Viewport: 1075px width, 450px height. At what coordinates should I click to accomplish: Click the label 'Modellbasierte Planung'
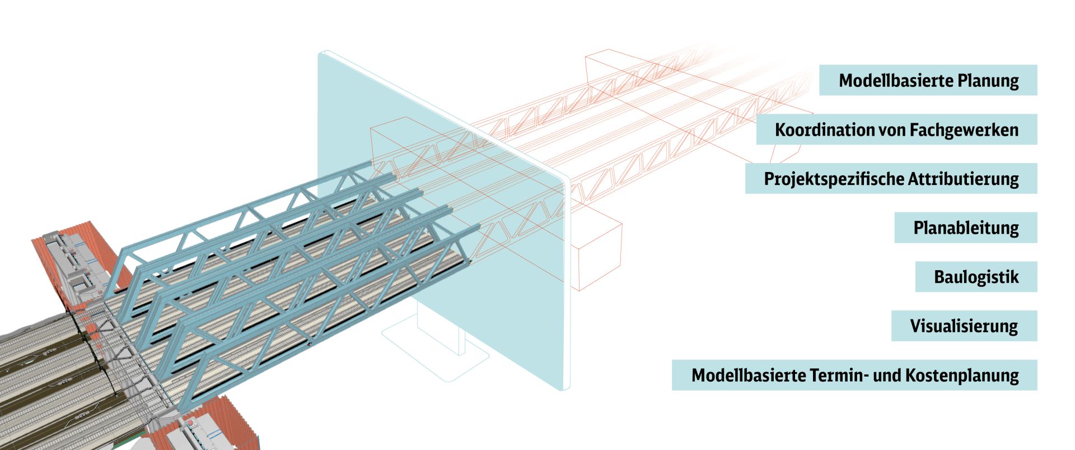click(928, 80)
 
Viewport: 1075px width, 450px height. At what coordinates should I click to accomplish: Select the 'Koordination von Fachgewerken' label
click(896, 129)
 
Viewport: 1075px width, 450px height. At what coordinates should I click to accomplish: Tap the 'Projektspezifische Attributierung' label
click(891, 179)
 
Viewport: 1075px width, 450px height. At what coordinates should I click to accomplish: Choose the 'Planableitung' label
click(965, 228)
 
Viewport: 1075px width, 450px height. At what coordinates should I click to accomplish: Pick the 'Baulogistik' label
click(976, 277)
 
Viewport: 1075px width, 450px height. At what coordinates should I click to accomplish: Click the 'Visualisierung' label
click(964, 326)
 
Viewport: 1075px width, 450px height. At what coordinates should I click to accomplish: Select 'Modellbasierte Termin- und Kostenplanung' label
click(854, 375)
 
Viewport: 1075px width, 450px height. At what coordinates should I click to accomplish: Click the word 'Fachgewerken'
click(964, 129)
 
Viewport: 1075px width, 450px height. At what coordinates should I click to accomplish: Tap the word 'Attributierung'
click(963, 179)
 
